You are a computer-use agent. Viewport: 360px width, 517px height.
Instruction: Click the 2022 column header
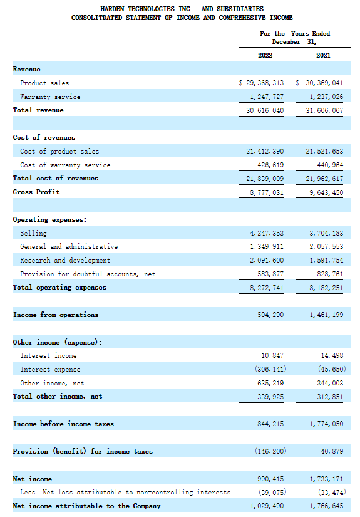coord(265,55)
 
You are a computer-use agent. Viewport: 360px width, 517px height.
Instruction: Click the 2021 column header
coord(323,55)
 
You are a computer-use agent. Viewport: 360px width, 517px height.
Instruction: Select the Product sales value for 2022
coord(261,83)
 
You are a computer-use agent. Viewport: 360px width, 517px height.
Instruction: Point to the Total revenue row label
coord(38,110)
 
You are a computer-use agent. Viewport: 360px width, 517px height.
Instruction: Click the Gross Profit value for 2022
coord(267,192)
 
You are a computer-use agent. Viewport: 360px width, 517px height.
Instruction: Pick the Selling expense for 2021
coord(326,234)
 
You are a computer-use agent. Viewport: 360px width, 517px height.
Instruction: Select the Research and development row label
coord(65,261)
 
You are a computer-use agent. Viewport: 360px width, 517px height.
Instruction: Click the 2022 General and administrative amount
coord(267,247)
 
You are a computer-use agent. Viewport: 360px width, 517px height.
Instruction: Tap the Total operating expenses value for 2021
coord(326,288)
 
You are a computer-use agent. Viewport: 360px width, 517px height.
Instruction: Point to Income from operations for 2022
coord(270,315)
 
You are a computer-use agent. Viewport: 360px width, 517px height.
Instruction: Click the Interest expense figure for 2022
coord(270,369)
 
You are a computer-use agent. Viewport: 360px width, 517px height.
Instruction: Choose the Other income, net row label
coord(52,383)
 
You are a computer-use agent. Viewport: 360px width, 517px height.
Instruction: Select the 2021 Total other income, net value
coord(330,397)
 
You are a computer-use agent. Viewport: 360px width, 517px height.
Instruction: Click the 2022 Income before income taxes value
coord(270,424)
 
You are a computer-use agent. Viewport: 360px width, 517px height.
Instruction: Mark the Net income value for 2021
coord(326,479)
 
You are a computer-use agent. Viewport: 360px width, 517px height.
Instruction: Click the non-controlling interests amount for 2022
coord(272,493)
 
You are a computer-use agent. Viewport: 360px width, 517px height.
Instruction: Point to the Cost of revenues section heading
coord(44,137)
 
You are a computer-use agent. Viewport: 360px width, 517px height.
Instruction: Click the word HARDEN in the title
coord(112,9)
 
